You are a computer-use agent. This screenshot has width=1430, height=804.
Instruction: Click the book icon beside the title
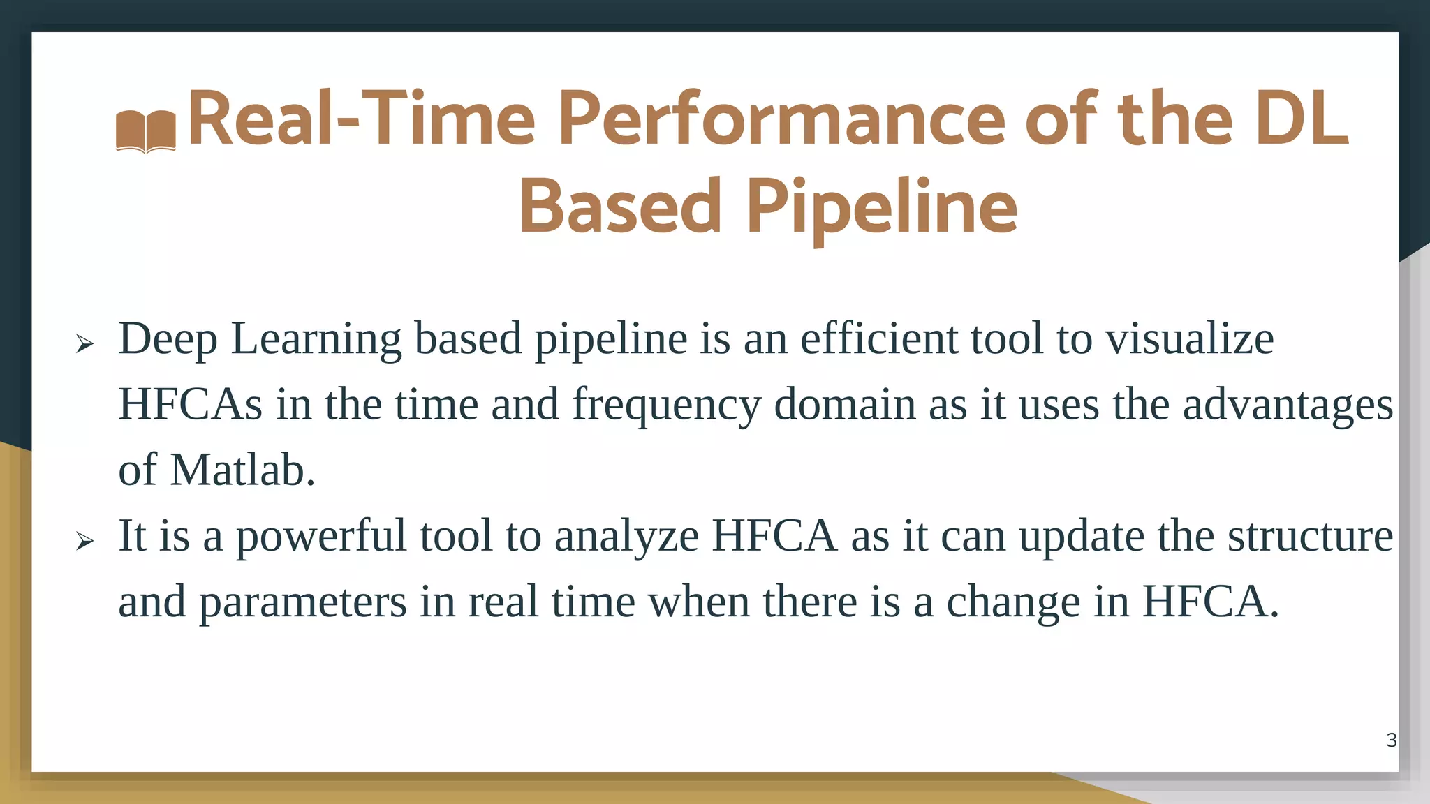pyautogui.click(x=145, y=131)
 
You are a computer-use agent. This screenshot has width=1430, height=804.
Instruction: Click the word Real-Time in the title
pyautogui.click(x=361, y=120)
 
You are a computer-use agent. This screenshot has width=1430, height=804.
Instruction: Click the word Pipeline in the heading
pyautogui.click(x=881, y=207)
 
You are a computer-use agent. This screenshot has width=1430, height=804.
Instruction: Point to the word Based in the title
pyautogui.click(x=620, y=207)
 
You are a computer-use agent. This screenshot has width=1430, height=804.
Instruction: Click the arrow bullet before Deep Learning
pyautogui.click(x=84, y=343)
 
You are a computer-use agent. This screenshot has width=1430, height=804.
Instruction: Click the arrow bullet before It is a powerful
pyautogui.click(x=84, y=540)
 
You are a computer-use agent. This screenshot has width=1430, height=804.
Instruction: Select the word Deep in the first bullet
pyautogui.click(x=168, y=339)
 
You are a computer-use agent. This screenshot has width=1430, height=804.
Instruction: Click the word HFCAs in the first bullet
pyautogui.click(x=190, y=405)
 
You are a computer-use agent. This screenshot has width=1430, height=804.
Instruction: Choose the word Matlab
pyautogui.click(x=242, y=470)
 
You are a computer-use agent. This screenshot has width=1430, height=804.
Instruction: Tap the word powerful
pyautogui.click(x=320, y=537)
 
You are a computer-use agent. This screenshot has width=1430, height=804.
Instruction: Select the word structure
pyautogui.click(x=1310, y=536)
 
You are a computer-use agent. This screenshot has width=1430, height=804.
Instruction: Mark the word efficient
pyautogui.click(x=879, y=339)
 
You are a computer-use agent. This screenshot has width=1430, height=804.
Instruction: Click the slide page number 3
pyautogui.click(x=1391, y=740)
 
